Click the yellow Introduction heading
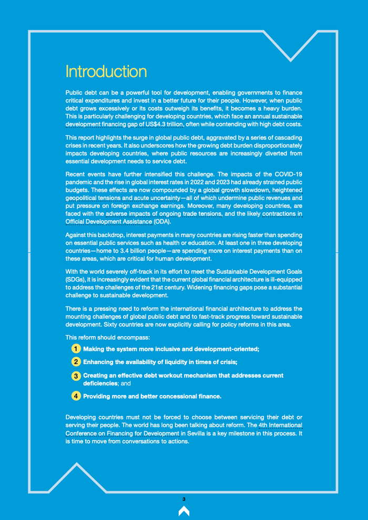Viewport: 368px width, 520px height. tap(106, 71)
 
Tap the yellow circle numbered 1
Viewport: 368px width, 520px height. tap(76, 349)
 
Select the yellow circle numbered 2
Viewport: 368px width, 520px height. tap(76, 362)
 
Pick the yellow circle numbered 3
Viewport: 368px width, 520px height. tap(76, 376)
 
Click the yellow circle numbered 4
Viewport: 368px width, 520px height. tap(76, 396)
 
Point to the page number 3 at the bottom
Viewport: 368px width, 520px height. tap(183, 499)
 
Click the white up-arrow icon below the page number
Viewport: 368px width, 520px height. tap(183, 511)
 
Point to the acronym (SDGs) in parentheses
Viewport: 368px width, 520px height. tap(76, 280)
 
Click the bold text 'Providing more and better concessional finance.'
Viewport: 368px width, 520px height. tap(152, 396)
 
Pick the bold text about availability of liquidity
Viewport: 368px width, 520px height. tap(160, 362)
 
